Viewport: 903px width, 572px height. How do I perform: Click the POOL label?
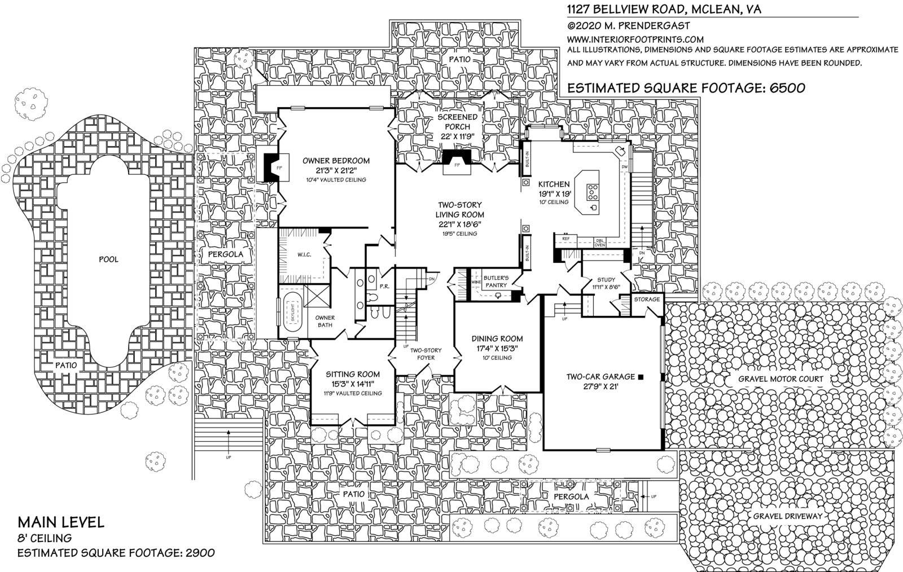[x=108, y=259]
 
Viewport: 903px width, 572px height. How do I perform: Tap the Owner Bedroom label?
[x=336, y=161]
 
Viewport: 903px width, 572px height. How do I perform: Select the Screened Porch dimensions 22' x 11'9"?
[x=458, y=137]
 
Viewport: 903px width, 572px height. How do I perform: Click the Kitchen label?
[x=554, y=184]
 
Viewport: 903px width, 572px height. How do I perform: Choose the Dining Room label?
[x=497, y=338]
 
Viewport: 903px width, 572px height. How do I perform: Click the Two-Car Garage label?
[x=600, y=376]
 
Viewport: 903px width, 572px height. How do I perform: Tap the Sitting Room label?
[x=353, y=374]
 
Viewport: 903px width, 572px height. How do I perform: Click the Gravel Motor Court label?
[x=781, y=379]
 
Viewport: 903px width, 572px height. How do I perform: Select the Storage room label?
[x=646, y=299]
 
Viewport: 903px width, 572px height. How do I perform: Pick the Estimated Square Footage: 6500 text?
[x=685, y=88]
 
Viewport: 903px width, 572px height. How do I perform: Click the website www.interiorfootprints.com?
[x=635, y=39]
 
